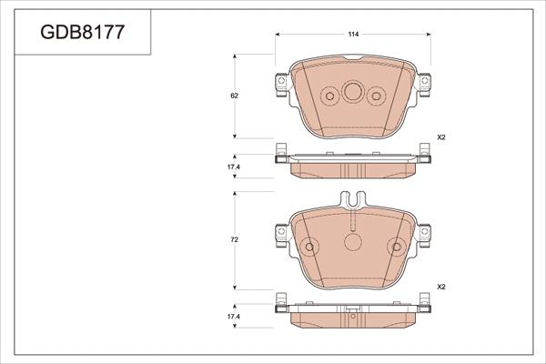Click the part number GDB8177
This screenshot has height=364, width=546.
83,34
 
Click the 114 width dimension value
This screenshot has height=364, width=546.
352,34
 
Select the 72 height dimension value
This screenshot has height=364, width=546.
235,239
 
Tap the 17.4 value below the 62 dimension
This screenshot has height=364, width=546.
233,168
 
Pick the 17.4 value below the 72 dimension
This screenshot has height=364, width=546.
233,316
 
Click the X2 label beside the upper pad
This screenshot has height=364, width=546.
441,137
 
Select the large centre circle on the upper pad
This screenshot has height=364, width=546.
351,93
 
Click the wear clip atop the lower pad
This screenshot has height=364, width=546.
351,199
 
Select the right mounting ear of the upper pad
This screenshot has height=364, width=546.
425,85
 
